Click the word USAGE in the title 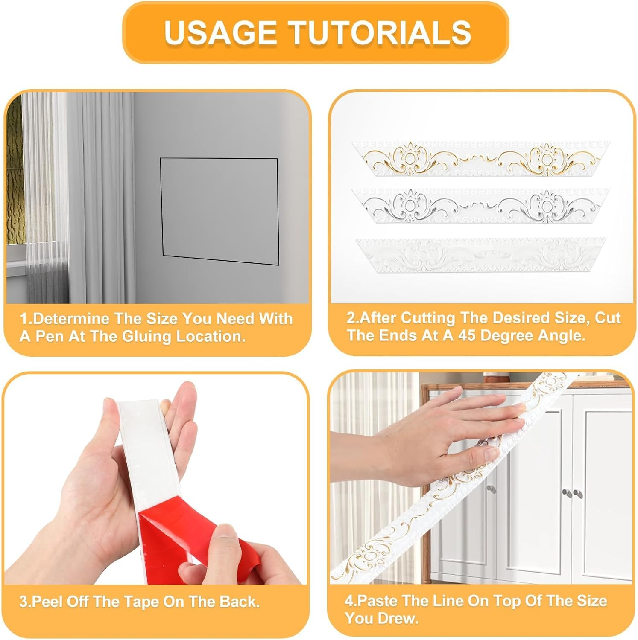[x=220, y=32]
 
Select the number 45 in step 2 [x=467, y=335]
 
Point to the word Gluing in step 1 [x=147, y=337]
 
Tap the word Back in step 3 [x=240, y=602]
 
